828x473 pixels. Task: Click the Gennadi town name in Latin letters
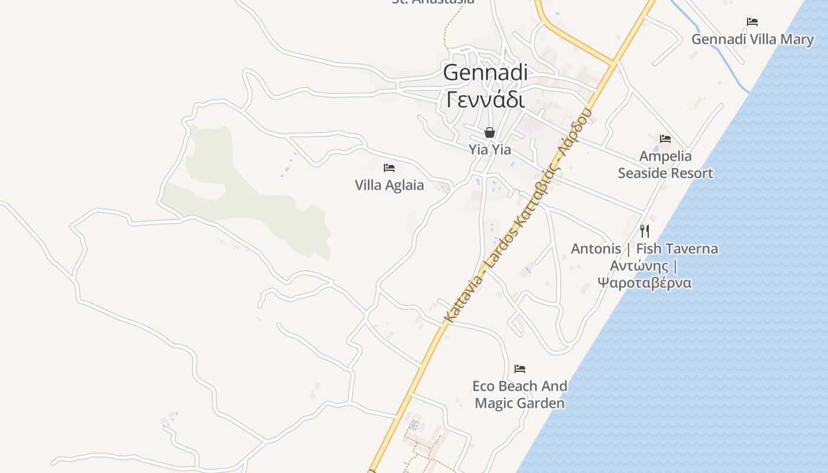click(485, 73)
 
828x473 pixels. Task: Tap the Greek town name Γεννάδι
click(485, 99)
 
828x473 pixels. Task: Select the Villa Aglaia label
click(389, 185)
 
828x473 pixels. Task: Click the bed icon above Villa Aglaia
click(389, 168)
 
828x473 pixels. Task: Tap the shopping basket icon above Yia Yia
click(490, 132)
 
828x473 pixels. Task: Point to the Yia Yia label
click(490, 150)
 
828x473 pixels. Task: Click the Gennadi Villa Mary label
click(752, 40)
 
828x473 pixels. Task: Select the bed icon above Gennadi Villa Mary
click(752, 22)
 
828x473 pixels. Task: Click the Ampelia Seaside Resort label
click(665, 164)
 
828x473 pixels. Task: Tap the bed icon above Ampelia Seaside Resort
click(665, 140)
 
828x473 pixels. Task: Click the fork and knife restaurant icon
click(645, 231)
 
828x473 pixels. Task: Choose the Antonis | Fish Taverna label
click(644, 248)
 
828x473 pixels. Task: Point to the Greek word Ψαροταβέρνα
click(644, 283)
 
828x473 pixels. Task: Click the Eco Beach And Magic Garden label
click(519, 394)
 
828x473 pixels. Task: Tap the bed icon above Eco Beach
click(520, 369)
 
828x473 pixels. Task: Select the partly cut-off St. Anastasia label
click(433, 2)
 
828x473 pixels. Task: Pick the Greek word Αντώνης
click(638, 265)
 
